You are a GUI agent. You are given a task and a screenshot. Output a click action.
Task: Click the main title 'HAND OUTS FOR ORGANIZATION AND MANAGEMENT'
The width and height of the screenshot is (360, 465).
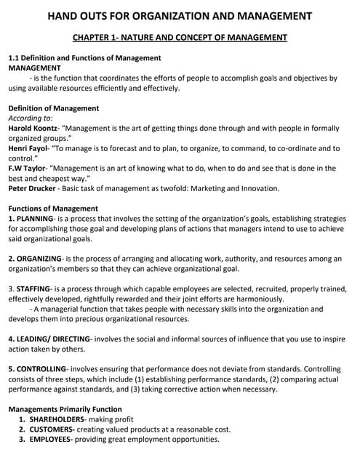[x=180, y=16]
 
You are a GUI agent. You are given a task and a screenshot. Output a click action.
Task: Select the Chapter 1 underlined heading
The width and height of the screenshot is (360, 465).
[x=180, y=37]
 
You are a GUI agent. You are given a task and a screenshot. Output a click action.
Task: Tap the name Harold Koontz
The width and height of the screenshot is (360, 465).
[x=33, y=128]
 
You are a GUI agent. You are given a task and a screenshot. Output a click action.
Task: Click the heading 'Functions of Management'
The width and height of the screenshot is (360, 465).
[x=52, y=208]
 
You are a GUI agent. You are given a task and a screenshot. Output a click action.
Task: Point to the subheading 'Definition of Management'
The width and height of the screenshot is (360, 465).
[x=53, y=108]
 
